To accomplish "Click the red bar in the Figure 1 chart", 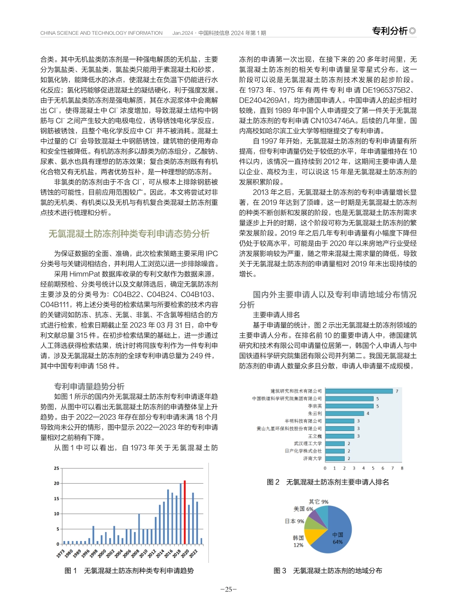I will click(x=185, y=513).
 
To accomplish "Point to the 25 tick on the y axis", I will click(x=56, y=468).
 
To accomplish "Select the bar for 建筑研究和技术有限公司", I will click(x=359, y=391).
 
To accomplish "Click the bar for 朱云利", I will click(x=345, y=413).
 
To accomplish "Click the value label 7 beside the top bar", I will click(x=397, y=391).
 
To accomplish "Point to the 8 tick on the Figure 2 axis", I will click(x=402, y=468).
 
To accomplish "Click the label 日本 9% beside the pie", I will click(x=294, y=521).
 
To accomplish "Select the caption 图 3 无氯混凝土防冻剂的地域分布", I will click(x=328, y=571).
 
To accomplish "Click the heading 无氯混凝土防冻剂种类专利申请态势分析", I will click(x=129, y=234).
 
